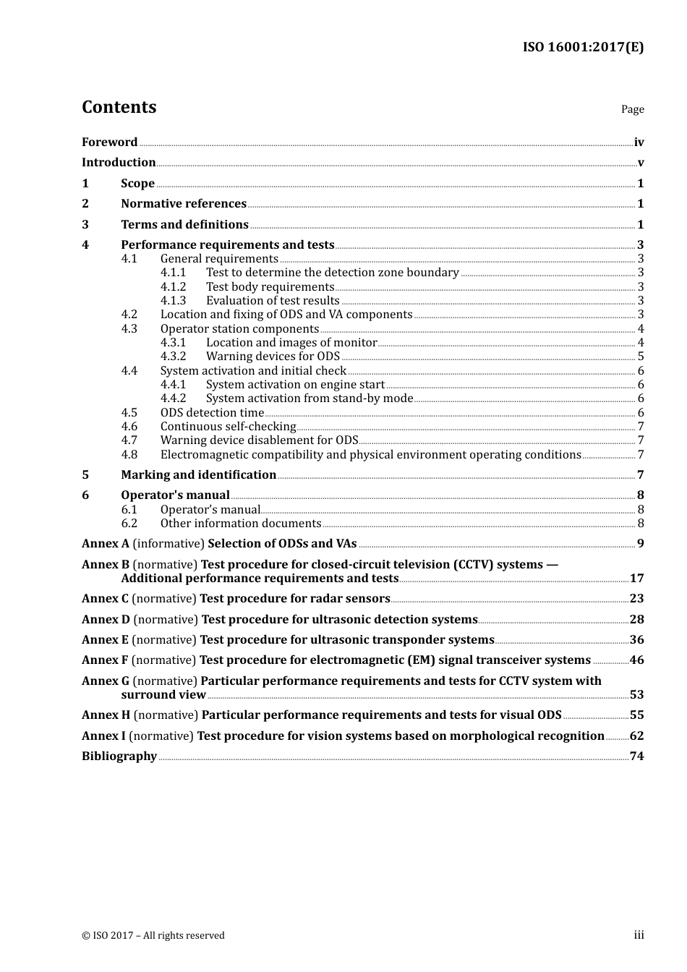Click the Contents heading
119,107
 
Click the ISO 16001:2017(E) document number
583,47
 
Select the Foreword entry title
109,142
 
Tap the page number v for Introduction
640,163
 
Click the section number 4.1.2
173,287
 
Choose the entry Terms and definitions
184,225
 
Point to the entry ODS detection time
212,413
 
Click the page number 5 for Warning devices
641,357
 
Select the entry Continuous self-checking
228,427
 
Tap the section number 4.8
129,455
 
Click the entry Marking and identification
198,475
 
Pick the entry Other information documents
240,524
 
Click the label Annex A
106,544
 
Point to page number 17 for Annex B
636,579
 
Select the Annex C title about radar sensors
294,599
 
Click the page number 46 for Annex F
636,660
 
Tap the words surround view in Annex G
163,695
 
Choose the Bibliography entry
119,756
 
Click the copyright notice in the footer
153,936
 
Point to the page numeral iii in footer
639,935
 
